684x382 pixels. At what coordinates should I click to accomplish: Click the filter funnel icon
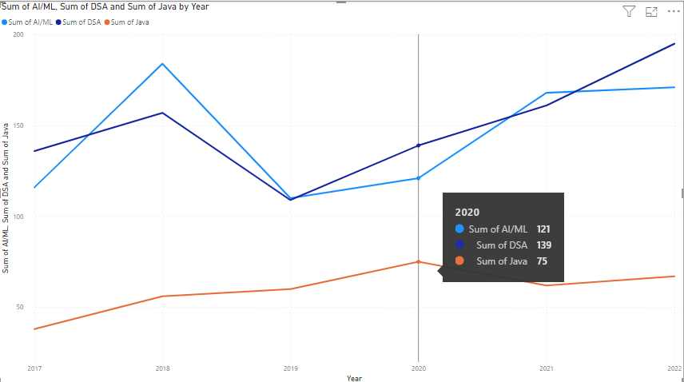629,11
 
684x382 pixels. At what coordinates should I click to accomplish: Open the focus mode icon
651,11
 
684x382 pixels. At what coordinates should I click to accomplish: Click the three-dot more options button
673,11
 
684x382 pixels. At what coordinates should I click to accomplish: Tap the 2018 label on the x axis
162,368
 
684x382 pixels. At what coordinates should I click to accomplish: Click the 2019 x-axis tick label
290,368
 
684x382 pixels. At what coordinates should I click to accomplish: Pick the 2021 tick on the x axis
547,368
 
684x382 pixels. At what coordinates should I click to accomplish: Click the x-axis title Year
354,378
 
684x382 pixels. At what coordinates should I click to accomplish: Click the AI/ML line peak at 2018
162,64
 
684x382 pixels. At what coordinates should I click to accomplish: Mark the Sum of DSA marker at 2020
418,145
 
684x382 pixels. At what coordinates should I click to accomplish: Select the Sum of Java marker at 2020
418,262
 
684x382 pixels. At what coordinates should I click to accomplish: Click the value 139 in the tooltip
543,245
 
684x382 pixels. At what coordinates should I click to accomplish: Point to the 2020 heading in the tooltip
467,213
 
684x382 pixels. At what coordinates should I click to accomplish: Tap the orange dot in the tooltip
459,261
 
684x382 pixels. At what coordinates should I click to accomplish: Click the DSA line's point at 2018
162,113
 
